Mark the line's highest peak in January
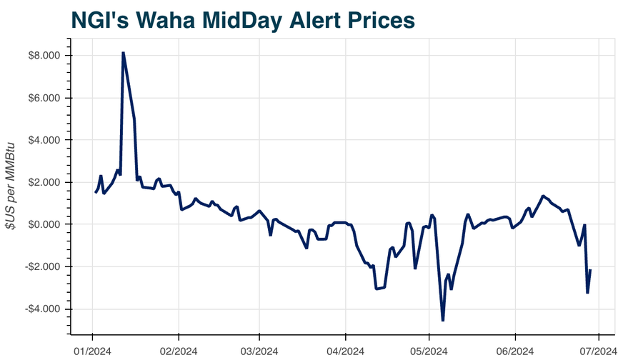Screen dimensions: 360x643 (123, 53)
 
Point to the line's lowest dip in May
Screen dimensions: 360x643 (443, 320)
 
